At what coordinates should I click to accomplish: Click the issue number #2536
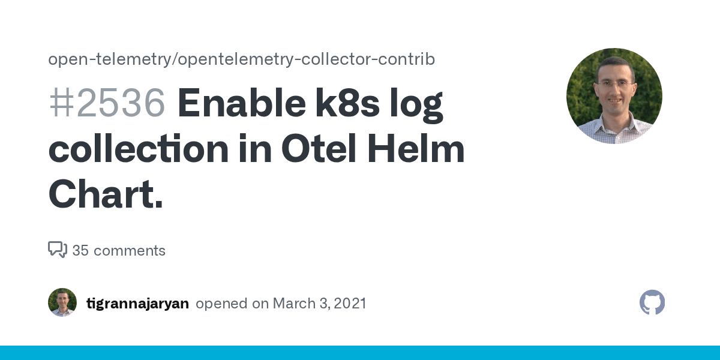click(x=107, y=103)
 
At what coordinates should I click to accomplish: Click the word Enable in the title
click(x=242, y=103)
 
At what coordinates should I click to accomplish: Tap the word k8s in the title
click(x=347, y=103)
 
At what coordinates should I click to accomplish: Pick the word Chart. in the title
click(x=106, y=194)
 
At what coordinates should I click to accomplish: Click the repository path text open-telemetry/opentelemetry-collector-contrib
click(x=241, y=59)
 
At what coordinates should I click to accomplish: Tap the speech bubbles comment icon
click(x=58, y=250)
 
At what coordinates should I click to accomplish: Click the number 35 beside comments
click(x=80, y=250)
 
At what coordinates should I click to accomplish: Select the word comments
click(x=130, y=250)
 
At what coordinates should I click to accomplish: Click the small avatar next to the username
click(x=62, y=302)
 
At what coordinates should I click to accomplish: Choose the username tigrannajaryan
click(x=137, y=304)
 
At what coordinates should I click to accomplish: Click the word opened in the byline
click(x=222, y=304)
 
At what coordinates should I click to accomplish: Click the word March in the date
click(x=294, y=304)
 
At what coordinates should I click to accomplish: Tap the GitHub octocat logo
click(x=652, y=302)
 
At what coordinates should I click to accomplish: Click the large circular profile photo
click(x=614, y=96)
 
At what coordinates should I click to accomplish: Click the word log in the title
click(x=416, y=104)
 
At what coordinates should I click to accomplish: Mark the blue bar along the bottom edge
click(x=360, y=353)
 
